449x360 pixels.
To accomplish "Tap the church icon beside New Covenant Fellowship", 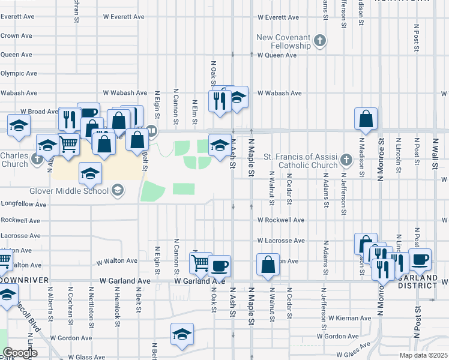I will [321, 41].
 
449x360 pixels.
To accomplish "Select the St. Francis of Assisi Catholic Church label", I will [300, 161].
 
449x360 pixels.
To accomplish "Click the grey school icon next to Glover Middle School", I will [118, 191].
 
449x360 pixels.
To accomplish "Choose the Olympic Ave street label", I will [18, 74].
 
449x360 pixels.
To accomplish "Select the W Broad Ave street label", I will [38, 112].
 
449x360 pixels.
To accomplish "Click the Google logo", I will [19, 353].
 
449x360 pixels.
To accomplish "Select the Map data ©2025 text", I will [423, 355].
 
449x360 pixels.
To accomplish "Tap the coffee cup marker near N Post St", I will [420, 259].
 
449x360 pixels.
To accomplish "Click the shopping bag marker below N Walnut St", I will [268, 265].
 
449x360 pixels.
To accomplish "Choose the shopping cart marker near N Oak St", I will [200, 262].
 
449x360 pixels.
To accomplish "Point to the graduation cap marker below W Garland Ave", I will [182, 335].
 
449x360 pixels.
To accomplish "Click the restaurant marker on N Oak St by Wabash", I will [218, 100].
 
